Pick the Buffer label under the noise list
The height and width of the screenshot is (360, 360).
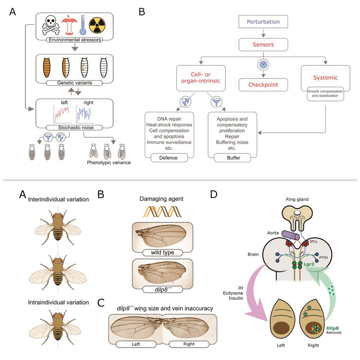point(232,158)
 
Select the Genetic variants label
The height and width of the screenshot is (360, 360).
point(75,82)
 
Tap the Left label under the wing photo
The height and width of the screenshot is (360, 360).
point(133,344)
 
